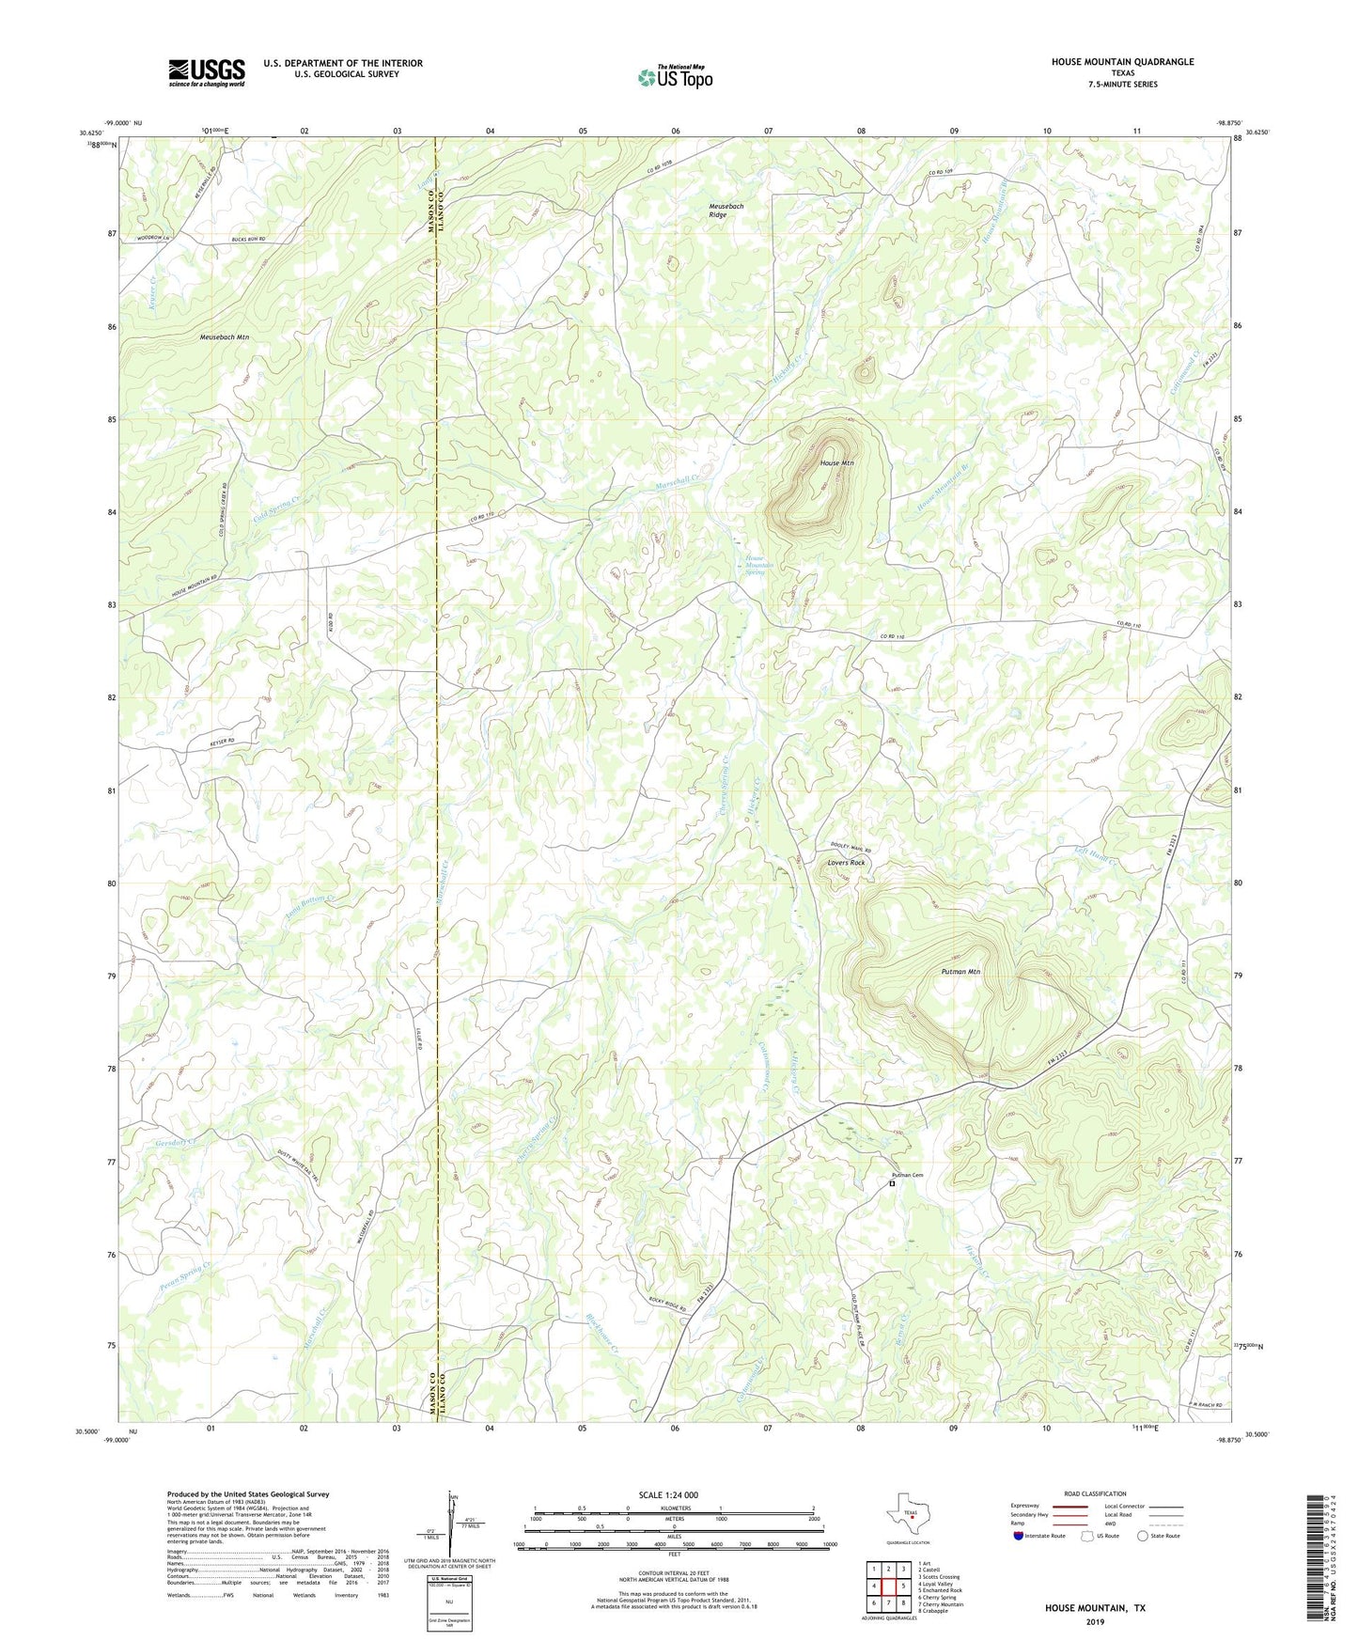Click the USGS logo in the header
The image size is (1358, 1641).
pyautogui.click(x=207, y=71)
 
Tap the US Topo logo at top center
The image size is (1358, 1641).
pyautogui.click(x=675, y=77)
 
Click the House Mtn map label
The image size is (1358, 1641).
pyautogui.click(x=836, y=463)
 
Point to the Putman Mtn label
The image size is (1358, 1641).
pyautogui.click(x=960, y=972)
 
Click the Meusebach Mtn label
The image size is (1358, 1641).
pyautogui.click(x=225, y=336)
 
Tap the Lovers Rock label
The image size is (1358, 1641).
pyautogui.click(x=846, y=862)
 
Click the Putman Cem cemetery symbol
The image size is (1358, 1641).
pyautogui.click(x=892, y=1184)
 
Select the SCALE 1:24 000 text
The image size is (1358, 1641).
pyautogui.click(x=668, y=1494)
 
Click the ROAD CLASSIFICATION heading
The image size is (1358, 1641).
pyautogui.click(x=1095, y=1493)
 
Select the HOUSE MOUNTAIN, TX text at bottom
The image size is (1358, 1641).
pyautogui.click(x=1095, y=1608)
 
